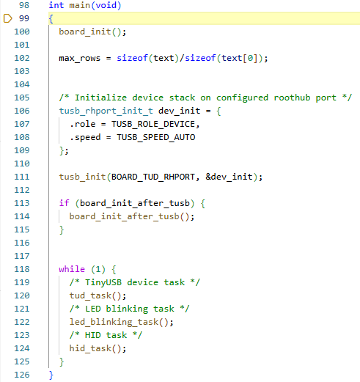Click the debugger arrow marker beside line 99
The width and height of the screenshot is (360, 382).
[x=7, y=18]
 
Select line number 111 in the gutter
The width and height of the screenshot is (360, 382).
[x=22, y=177]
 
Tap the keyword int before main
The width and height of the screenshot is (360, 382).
[x=56, y=5]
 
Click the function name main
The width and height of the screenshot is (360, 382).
[x=80, y=5]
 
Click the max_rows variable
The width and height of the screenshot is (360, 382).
[x=80, y=58]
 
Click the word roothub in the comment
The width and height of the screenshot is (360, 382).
[x=292, y=98]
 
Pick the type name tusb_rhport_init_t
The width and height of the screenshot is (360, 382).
[x=106, y=111]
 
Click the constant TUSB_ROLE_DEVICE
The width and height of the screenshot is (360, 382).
[x=153, y=124]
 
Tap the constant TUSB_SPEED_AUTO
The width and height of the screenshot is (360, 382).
[x=156, y=137]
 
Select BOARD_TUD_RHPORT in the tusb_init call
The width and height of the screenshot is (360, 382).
[x=153, y=177]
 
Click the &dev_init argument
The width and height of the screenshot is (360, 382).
[x=229, y=177]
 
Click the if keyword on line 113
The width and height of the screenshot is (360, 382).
[x=64, y=203]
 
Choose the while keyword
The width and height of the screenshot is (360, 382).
[x=72, y=269]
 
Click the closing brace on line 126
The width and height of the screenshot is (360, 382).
[x=51, y=375]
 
